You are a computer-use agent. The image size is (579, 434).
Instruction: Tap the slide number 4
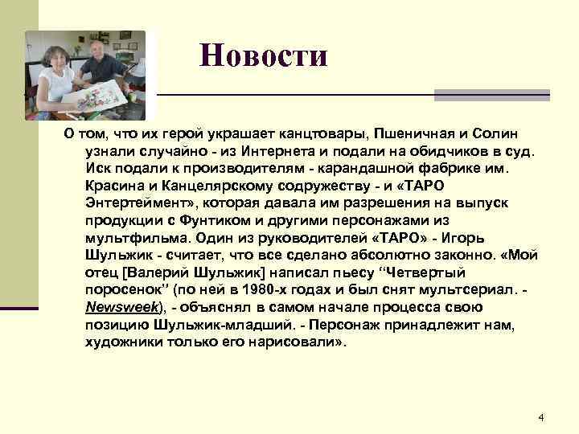(x=540, y=417)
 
